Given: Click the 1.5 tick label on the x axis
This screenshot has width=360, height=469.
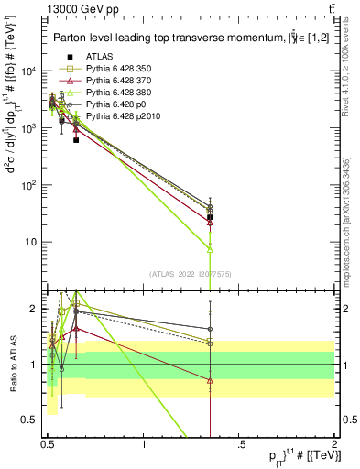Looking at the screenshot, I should pyautogui.click(x=240, y=445).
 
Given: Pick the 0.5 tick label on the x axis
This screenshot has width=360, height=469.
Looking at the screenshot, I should pyautogui.click(x=48, y=445).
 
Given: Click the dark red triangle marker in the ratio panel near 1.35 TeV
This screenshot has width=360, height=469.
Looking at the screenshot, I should pyautogui.click(x=211, y=380).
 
